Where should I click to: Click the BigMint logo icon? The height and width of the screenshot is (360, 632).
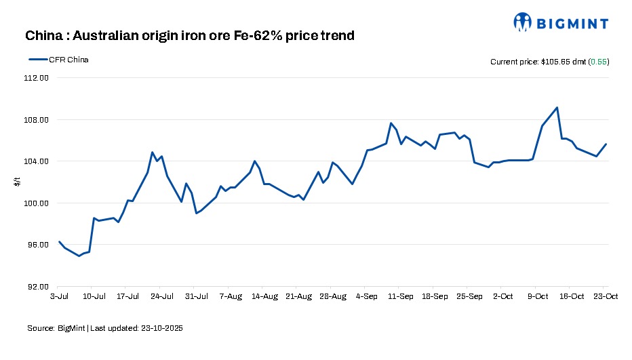[523, 22]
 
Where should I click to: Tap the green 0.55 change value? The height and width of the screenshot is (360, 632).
[598, 62]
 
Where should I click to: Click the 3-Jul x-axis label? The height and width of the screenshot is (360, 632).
[59, 296]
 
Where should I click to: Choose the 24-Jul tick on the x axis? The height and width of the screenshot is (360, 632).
[162, 296]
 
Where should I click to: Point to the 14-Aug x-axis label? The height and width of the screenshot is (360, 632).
[264, 296]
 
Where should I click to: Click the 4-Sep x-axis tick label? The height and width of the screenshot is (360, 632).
[367, 296]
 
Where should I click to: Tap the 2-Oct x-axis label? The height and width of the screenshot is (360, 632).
[503, 296]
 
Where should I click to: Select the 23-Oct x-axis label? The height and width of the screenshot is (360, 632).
[606, 296]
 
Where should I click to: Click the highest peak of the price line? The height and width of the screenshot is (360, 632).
[557, 107]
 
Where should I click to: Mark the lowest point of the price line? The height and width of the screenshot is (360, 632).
[79, 256]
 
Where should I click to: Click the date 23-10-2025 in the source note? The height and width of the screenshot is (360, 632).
[160, 328]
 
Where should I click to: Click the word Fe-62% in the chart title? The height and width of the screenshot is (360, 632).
[262, 35]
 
